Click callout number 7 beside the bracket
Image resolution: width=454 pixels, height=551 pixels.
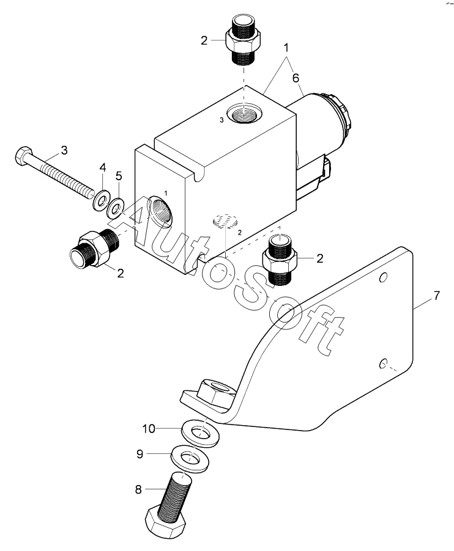pos(436,296)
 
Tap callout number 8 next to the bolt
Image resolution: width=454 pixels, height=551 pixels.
pos(138,489)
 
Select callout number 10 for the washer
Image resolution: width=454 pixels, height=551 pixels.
pos(149,429)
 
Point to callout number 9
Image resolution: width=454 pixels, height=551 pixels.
pos(140,454)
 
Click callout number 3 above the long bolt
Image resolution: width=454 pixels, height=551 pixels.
pos(64,150)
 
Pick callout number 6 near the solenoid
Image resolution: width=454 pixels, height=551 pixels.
pos(296,78)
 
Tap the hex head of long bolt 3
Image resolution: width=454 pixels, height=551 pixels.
pos(22,156)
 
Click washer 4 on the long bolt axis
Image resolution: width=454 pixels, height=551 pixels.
pos(102,200)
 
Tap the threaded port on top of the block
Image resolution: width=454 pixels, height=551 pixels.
pos(243,113)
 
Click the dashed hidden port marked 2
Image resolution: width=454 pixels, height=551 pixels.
pos(226,221)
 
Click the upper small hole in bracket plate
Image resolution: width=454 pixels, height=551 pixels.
pos(383,277)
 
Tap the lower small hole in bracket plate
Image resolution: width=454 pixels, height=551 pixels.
pos(383,363)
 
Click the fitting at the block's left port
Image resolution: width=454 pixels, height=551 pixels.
pos(94,249)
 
